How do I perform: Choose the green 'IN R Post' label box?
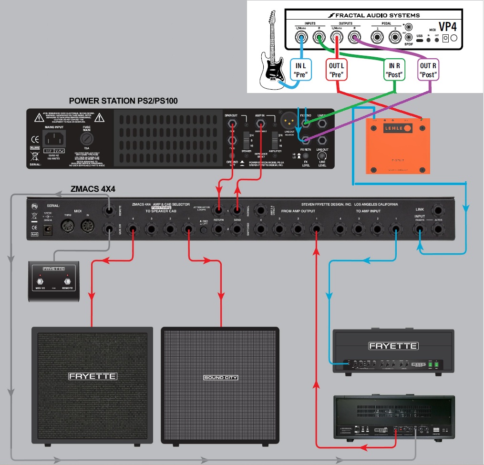pyautogui.click(x=395, y=69)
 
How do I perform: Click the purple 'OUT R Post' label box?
pyautogui.click(x=428, y=70)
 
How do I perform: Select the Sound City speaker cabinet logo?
pyautogui.click(x=220, y=378)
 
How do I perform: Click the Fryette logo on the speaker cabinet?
pyautogui.click(x=93, y=376)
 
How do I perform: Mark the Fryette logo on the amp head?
pyautogui.click(x=394, y=346)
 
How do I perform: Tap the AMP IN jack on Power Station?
pyautogui.click(x=260, y=125)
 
